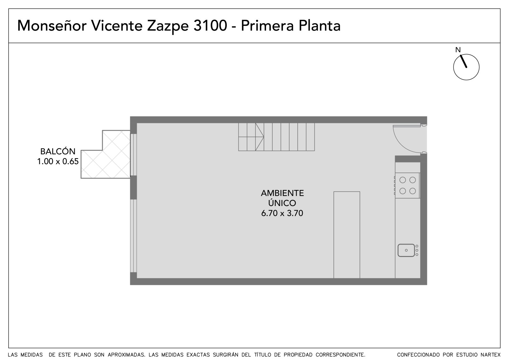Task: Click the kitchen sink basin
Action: [x=406, y=250]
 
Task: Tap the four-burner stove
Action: [x=408, y=185]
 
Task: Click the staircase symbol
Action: [x=276, y=137]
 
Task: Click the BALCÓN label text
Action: [x=58, y=152]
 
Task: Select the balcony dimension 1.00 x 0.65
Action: [x=58, y=161]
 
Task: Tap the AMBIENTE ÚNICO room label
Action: [x=282, y=198]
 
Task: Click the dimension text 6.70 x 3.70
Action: [x=282, y=213]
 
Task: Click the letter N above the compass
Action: [x=458, y=50]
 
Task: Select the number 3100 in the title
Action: [x=210, y=25]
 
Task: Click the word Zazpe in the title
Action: [x=168, y=26]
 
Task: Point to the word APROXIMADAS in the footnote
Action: [x=127, y=355]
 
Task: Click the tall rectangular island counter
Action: [x=347, y=235]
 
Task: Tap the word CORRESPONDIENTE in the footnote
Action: [x=340, y=355]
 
